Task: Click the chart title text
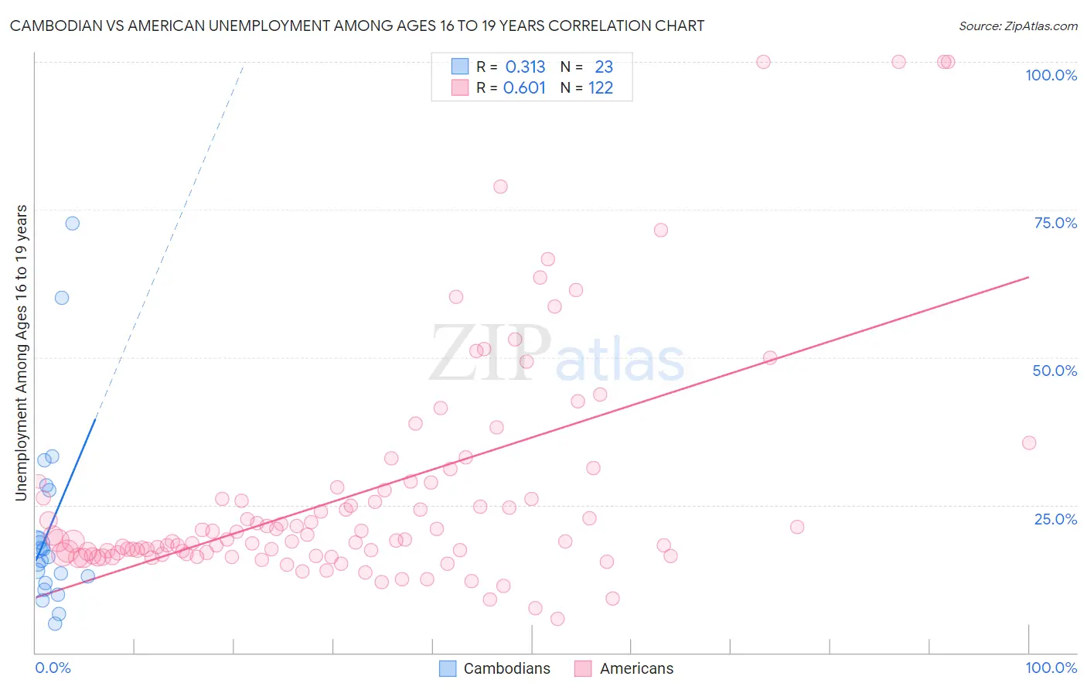(x=357, y=26)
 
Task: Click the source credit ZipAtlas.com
(x=1017, y=26)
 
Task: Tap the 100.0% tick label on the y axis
(x=1051, y=75)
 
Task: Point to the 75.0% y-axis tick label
(x=1055, y=223)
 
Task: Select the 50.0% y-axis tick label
(x=1055, y=371)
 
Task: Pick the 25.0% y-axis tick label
(x=1055, y=518)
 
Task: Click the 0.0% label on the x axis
(x=53, y=668)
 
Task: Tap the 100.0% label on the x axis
(x=1051, y=668)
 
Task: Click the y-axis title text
(x=22, y=353)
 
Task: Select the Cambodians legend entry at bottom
(x=506, y=668)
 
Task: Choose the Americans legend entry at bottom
(x=636, y=668)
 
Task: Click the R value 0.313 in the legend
(x=525, y=67)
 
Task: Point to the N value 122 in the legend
(x=601, y=88)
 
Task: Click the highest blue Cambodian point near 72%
(x=73, y=223)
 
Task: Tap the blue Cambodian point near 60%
(x=62, y=298)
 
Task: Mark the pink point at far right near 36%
(x=1029, y=442)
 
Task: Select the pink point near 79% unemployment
(x=500, y=186)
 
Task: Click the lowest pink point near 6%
(x=557, y=619)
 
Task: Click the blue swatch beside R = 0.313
(x=460, y=67)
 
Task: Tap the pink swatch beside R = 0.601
(x=460, y=88)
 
